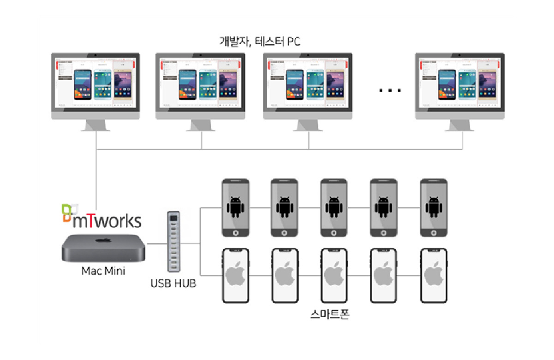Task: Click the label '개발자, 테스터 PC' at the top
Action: pos(260,42)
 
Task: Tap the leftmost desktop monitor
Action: pos(95,85)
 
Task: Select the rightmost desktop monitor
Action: pos(459,85)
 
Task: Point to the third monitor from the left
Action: pos(308,85)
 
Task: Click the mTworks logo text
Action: pos(106,220)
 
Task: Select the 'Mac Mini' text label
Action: pos(103,271)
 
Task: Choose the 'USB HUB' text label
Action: pos(173,283)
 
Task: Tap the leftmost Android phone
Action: pos(235,208)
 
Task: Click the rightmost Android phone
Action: pos(433,208)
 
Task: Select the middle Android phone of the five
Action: pos(334,208)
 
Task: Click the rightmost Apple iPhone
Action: pos(433,276)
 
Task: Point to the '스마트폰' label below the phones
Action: pos(329,315)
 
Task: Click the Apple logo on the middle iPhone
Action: pos(334,275)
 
